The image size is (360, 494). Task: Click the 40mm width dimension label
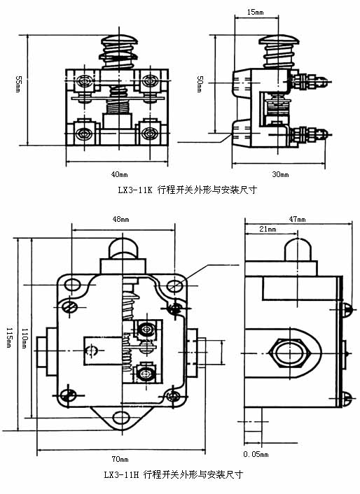[x=118, y=174]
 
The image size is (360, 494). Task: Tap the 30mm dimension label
[x=280, y=174]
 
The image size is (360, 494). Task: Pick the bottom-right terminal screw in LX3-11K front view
[x=150, y=132]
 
